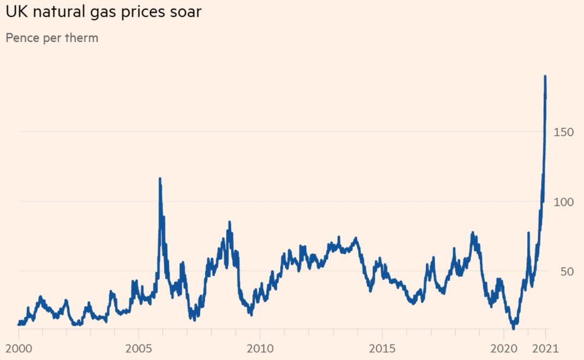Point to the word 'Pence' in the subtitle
pyautogui.click(x=21, y=38)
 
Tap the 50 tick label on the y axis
pyautogui.click(x=568, y=272)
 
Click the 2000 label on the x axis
pyautogui.click(x=18, y=347)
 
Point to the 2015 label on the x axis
pyautogui.click(x=382, y=347)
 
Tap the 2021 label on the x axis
pyautogui.click(x=545, y=347)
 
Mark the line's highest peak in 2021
pyautogui.click(x=545, y=77)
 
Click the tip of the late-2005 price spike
pyautogui.click(x=160, y=178)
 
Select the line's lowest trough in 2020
pyautogui.click(x=513, y=328)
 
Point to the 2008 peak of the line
pyautogui.click(x=229, y=222)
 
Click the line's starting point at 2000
pyautogui.click(x=19, y=324)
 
